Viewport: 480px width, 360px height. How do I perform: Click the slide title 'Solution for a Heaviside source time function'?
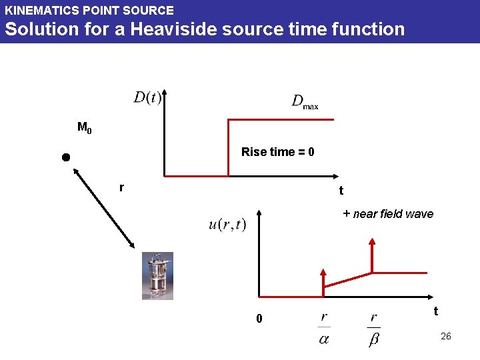pyautogui.click(x=205, y=29)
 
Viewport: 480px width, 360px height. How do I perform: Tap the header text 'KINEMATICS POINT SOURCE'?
pyautogui.click(x=89, y=11)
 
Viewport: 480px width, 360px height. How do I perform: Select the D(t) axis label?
pyautogui.click(x=147, y=97)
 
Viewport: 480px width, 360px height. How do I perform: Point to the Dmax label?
pyautogui.click(x=305, y=101)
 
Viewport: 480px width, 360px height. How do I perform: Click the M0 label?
pyautogui.click(x=85, y=127)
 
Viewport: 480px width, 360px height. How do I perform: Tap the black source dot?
pyautogui.click(x=65, y=157)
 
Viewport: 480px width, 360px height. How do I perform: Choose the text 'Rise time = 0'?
pyautogui.click(x=277, y=152)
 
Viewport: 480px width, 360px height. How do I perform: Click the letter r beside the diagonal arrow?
pyautogui.click(x=121, y=187)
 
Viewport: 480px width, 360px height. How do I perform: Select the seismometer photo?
pyautogui.click(x=157, y=275)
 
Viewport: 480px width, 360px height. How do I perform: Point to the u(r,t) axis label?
pyautogui.click(x=227, y=224)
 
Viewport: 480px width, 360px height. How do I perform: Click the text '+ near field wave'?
pyautogui.click(x=388, y=214)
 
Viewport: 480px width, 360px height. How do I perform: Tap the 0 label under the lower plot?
pyautogui.click(x=259, y=319)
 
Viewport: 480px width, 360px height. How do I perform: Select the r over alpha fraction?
pyautogui.click(x=324, y=328)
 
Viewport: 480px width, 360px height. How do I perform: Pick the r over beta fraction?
pyautogui.click(x=374, y=328)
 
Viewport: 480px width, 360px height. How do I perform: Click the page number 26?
pyautogui.click(x=446, y=336)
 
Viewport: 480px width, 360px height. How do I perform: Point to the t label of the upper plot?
pyautogui.click(x=341, y=191)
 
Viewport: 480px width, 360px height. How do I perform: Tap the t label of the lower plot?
pyautogui.click(x=435, y=311)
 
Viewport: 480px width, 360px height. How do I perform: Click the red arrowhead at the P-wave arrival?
pyautogui.click(x=323, y=273)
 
